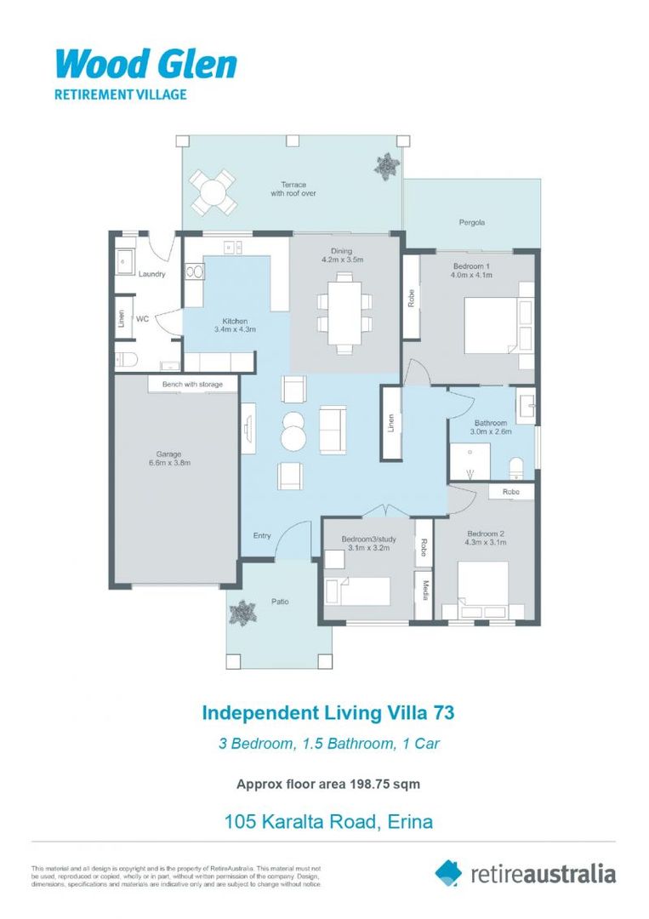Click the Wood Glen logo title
(145, 65)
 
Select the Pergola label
(472, 222)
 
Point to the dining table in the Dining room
(344, 303)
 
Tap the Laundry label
(151, 274)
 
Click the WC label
(143, 319)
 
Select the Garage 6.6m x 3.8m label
(164, 459)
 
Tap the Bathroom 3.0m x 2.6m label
(491, 427)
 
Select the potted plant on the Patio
(244, 611)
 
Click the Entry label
(262, 535)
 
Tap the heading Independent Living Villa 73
(322, 711)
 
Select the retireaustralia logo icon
(448, 872)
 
